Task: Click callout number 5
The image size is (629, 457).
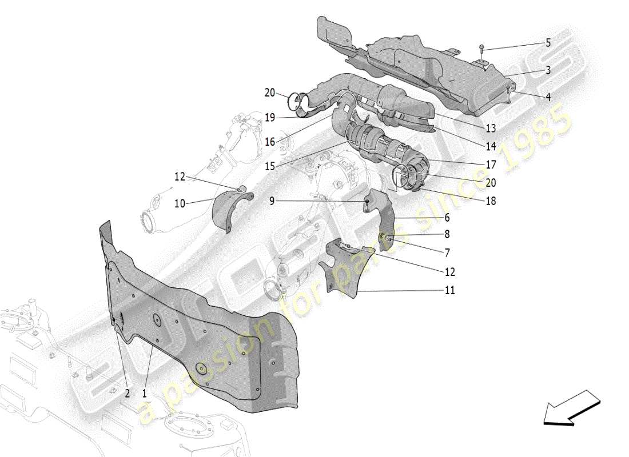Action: coord(548,43)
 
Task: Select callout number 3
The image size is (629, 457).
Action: coord(548,70)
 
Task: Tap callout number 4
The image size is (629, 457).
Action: coord(548,98)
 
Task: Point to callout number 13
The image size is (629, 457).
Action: coord(491,128)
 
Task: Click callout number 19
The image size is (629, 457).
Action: coord(270,118)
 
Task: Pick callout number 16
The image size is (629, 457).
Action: coord(270,142)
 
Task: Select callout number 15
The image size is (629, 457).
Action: coord(270,166)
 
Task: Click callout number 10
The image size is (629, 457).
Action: coord(180,203)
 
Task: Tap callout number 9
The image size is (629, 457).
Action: coord(272,201)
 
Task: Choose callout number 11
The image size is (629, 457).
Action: coord(450,290)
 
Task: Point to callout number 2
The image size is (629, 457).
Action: coord(127,393)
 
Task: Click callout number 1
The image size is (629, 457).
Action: coord(144,393)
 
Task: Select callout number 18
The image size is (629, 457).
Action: coord(491,201)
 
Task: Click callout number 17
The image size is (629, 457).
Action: coord(491,165)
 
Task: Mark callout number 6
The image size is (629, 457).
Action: coord(447,218)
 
